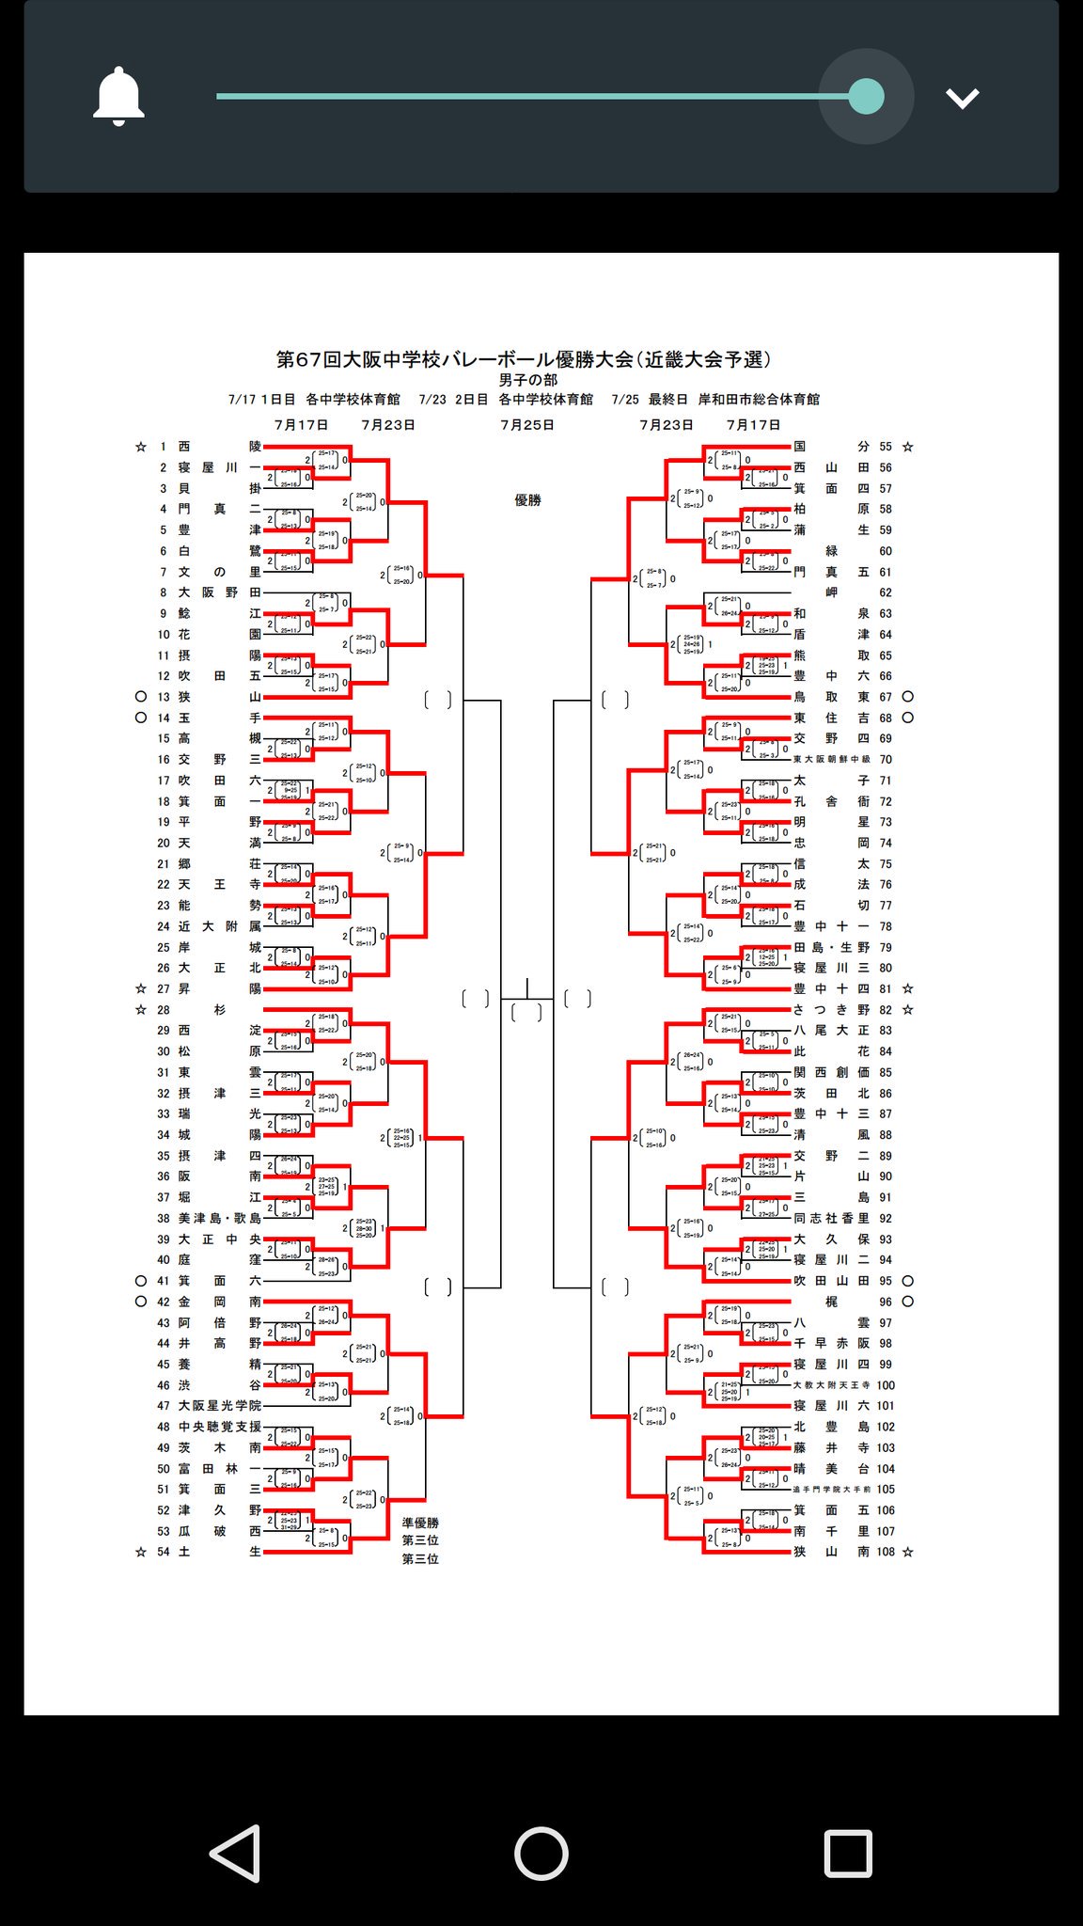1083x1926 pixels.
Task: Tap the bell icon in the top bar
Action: [x=118, y=96]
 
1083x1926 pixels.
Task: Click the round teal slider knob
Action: [x=866, y=96]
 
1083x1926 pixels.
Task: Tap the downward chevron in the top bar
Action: [x=963, y=98]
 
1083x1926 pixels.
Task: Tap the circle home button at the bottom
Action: [x=541, y=1853]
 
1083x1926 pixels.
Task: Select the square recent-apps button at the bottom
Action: [x=848, y=1853]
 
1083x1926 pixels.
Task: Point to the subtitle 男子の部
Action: [x=527, y=380]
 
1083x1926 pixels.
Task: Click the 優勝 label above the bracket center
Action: [x=527, y=500]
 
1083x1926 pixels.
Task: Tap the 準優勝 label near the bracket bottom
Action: [x=420, y=1523]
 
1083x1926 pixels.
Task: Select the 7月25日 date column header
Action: [x=527, y=425]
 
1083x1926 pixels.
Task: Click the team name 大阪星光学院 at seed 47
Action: [x=220, y=1406]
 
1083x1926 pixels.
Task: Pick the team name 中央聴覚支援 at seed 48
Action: [x=220, y=1427]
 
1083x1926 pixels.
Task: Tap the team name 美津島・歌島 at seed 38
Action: [x=220, y=1218]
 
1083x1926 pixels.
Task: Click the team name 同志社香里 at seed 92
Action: [x=831, y=1218]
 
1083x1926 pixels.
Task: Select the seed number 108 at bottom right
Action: [x=886, y=1552]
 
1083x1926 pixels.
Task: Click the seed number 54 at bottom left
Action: [x=164, y=1552]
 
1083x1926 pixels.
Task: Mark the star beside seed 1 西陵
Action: [x=141, y=447]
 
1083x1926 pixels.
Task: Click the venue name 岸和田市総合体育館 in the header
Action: [x=759, y=400]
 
